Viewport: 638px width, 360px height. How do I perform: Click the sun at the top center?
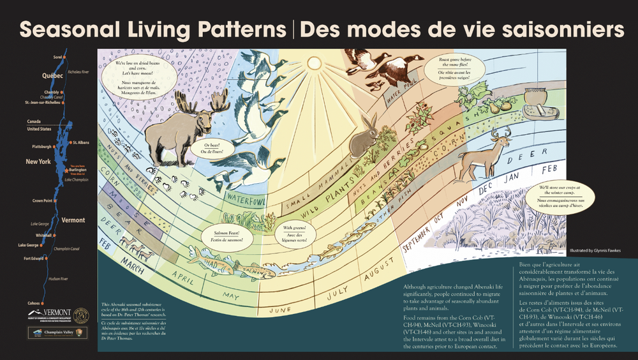314,63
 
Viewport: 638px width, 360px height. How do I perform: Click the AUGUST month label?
376,279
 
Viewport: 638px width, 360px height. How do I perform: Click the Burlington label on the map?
78,170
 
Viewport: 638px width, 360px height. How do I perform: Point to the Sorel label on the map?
57,57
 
